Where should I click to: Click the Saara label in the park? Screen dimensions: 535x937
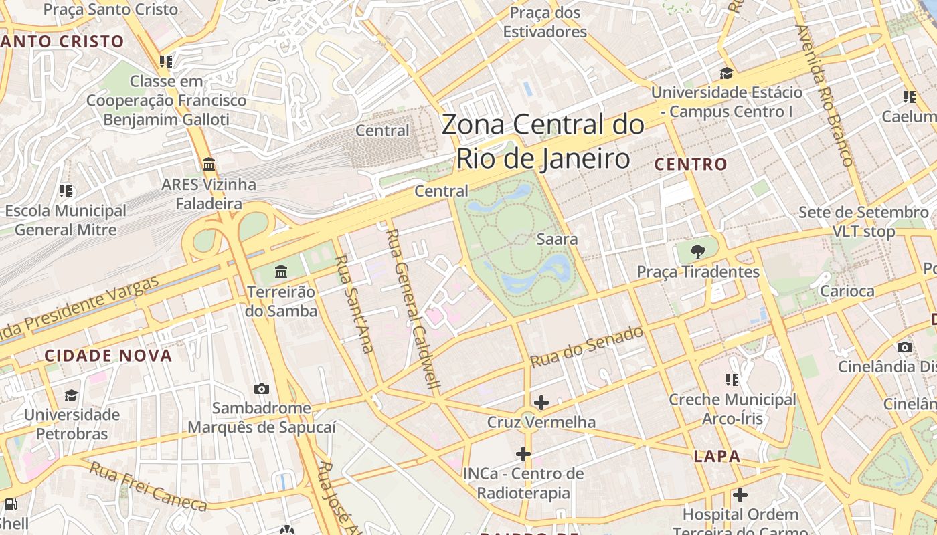pyautogui.click(x=557, y=239)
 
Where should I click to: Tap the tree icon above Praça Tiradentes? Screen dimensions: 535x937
pyautogui.click(x=698, y=252)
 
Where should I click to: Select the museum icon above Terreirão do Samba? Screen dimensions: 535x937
pyautogui.click(x=281, y=272)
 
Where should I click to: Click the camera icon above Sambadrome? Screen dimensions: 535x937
pyautogui.click(x=262, y=389)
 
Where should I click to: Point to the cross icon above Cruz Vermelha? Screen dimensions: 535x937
pyautogui.click(x=541, y=403)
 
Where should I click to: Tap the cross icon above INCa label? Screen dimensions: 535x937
pyautogui.click(x=523, y=454)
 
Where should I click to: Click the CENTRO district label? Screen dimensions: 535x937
pyautogui.click(x=691, y=164)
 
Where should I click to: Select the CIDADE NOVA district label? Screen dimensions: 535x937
pyautogui.click(x=108, y=356)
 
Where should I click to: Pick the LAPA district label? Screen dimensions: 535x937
pyautogui.click(x=717, y=457)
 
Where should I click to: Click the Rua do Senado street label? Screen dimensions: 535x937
pyautogui.click(x=587, y=346)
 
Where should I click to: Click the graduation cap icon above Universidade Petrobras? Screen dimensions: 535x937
pyautogui.click(x=72, y=395)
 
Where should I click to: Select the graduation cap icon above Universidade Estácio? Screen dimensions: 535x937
pyautogui.click(x=726, y=73)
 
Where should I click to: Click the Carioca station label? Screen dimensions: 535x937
pyautogui.click(x=847, y=291)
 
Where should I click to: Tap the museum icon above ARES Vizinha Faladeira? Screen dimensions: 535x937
pyautogui.click(x=208, y=164)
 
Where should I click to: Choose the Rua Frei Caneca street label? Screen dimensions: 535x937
pyautogui.click(x=148, y=486)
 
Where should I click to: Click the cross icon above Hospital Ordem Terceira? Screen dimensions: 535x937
pyautogui.click(x=740, y=495)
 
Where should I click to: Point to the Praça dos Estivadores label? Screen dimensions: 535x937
pyautogui.click(x=545, y=22)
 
